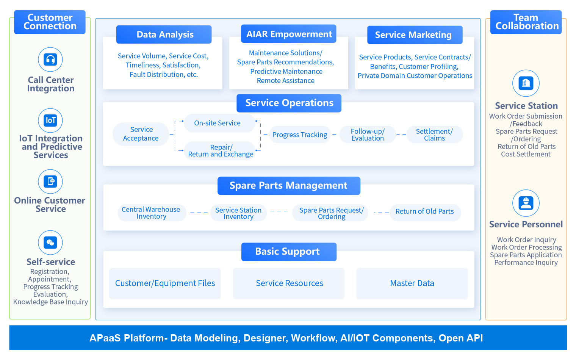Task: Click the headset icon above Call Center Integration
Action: tap(50, 59)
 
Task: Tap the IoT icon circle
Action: tap(50, 121)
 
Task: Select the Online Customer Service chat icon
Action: tap(50, 182)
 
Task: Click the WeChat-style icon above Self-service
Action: tap(50, 243)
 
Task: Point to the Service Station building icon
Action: tap(526, 83)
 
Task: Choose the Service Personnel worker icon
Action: tap(526, 203)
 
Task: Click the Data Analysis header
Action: tap(164, 34)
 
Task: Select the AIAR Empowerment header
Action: tap(289, 34)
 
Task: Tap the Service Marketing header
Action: tap(415, 35)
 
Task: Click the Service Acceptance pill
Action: tap(141, 134)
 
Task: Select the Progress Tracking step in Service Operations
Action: tap(300, 135)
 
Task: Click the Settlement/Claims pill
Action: tap(434, 135)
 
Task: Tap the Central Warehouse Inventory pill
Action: tap(151, 213)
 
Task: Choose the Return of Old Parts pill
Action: tap(425, 212)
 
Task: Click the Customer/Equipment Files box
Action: tap(165, 283)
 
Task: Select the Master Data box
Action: tap(412, 283)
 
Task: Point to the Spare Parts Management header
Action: tap(288, 186)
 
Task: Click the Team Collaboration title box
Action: tap(526, 22)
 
